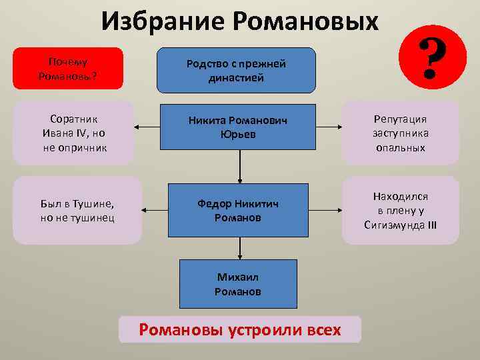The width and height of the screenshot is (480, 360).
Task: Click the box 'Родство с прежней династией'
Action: pyautogui.click(x=236, y=70)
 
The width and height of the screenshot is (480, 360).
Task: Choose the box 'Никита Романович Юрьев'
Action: pyautogui.click(x=239, y=127)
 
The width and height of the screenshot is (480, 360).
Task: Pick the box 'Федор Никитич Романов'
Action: pyautogui.click(x=239, y=210)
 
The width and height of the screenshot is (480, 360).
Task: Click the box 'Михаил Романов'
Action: pyautogui.click(x=238, y=283)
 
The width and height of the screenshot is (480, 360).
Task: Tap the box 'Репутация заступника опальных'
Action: pyautogui.click(x=400, y=133)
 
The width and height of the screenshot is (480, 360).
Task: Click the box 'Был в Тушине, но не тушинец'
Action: pyautogui.click(x=77, y=210)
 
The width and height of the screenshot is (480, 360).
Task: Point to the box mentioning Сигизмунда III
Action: pyautogui.click(x=400, y=210)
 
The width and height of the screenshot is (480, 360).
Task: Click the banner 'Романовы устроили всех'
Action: pyautogui.click(x=239, y=330)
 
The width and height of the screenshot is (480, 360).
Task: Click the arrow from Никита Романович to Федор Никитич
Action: pyautogui.click(x=239, y=167)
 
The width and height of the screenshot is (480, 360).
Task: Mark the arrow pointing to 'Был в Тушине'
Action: pyautogui.click(x=155, y=210)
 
